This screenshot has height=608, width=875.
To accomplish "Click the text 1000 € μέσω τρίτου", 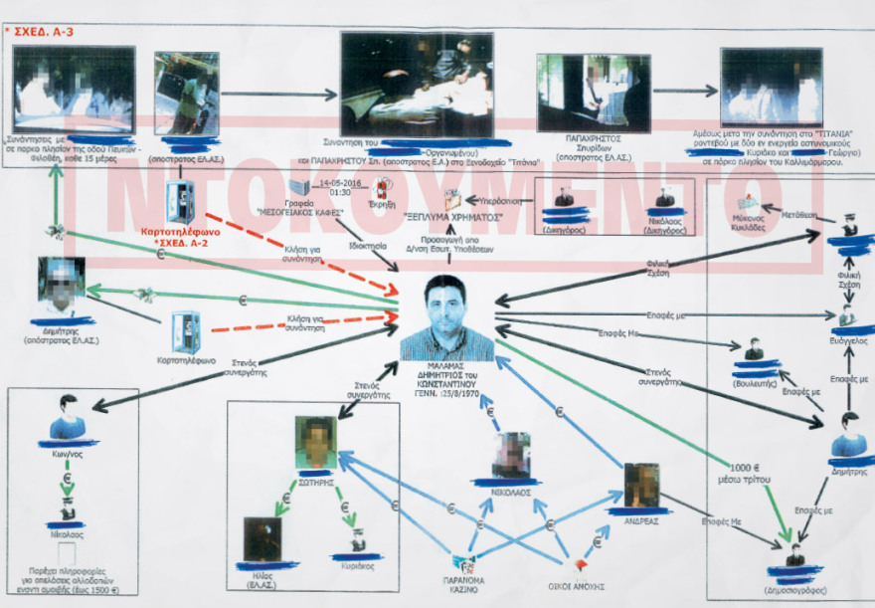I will (x=748, y=474).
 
